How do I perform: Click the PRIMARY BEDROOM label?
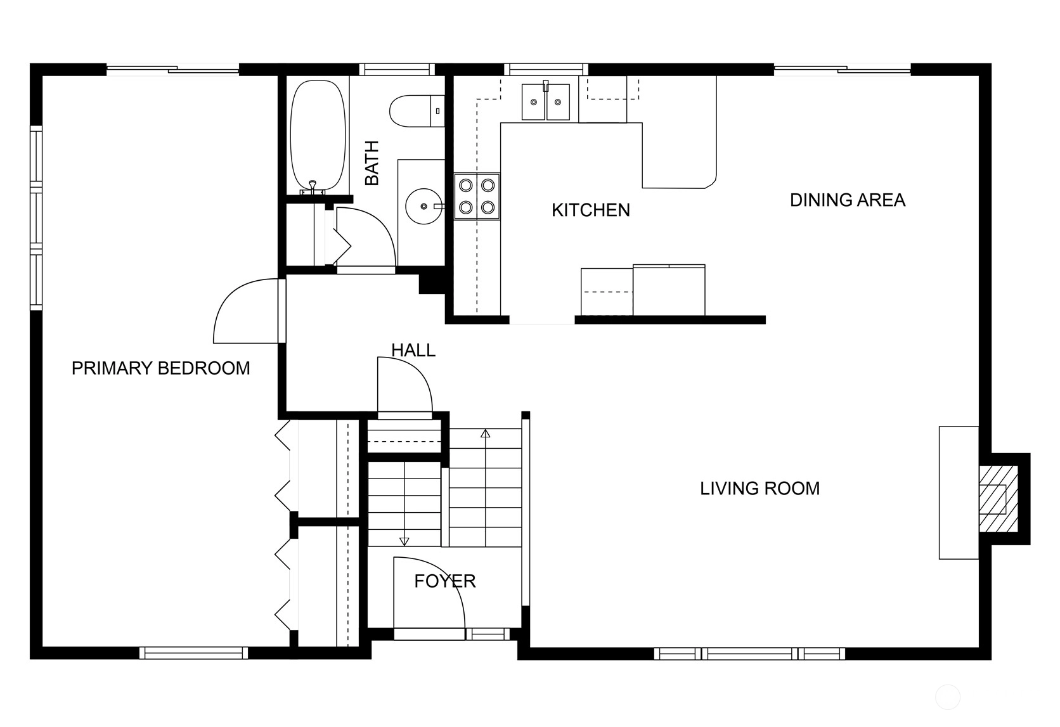coord(161,368)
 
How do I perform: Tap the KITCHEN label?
coord(591,210)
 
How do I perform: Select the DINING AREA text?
coord(848,200)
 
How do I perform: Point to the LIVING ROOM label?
coord(760,489)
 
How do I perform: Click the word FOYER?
coord(445,581)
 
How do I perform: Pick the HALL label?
coord(413,350)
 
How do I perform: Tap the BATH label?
coord(372,163)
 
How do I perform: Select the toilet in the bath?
coord(417,111)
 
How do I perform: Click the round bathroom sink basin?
coord(423,206)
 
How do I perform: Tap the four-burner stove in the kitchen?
coord(477,196)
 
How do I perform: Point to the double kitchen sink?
coord(546,102)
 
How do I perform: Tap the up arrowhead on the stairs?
coord(485,433)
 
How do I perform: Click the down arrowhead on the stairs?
coord(404,541)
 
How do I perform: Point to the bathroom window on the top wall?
coord(397,70)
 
